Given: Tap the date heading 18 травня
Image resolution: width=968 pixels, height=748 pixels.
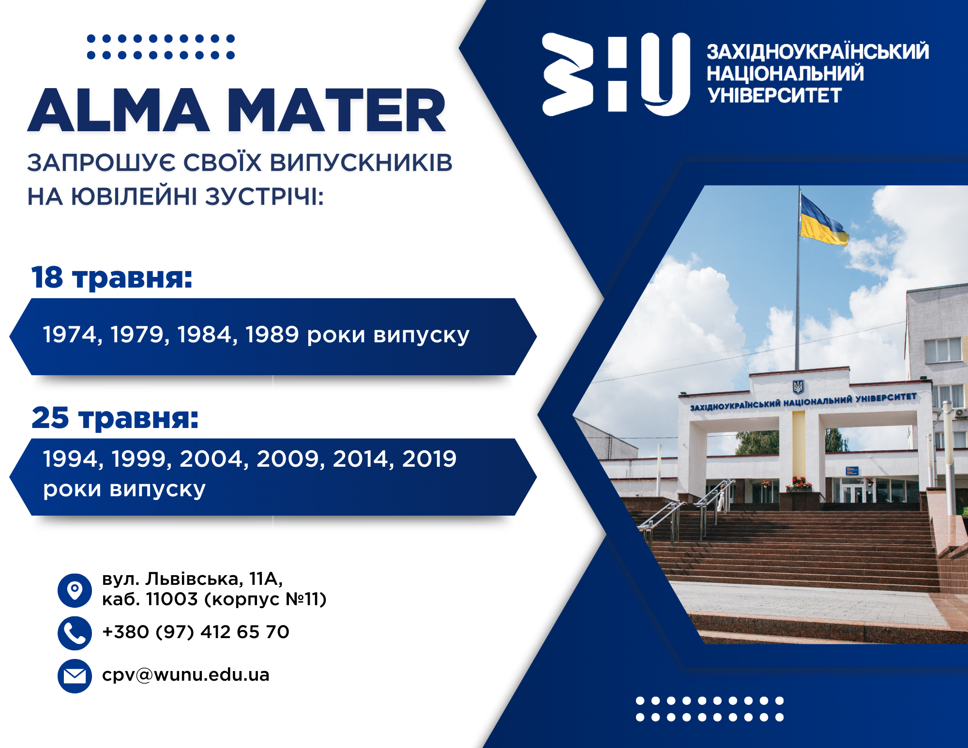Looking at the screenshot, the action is pos(112,278).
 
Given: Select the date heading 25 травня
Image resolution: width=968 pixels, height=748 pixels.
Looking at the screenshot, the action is pos(115,418).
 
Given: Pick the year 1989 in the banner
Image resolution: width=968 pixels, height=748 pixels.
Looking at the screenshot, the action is pos(272,335).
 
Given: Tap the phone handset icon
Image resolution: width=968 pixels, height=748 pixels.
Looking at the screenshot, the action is pos(75,633).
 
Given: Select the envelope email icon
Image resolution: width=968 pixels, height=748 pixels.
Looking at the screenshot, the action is pos(75,676).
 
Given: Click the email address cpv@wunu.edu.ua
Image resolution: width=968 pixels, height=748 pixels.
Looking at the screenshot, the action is pos(186,675).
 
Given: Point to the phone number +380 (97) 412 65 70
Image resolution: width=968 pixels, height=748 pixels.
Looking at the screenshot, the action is pos(196,632).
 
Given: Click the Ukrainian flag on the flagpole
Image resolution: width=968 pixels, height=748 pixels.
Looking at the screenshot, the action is pos(823,220).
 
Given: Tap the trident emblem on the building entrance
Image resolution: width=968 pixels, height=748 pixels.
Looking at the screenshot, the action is pos(798,387).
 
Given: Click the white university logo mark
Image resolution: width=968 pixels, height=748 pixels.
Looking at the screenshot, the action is pos(616,74).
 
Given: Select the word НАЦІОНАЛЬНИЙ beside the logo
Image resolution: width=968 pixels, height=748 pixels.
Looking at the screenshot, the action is pos(785,74).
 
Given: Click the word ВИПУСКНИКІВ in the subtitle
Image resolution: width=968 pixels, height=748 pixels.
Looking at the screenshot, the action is pos(361,163).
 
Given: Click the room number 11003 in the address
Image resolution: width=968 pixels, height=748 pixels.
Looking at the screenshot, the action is pos(172,599).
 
